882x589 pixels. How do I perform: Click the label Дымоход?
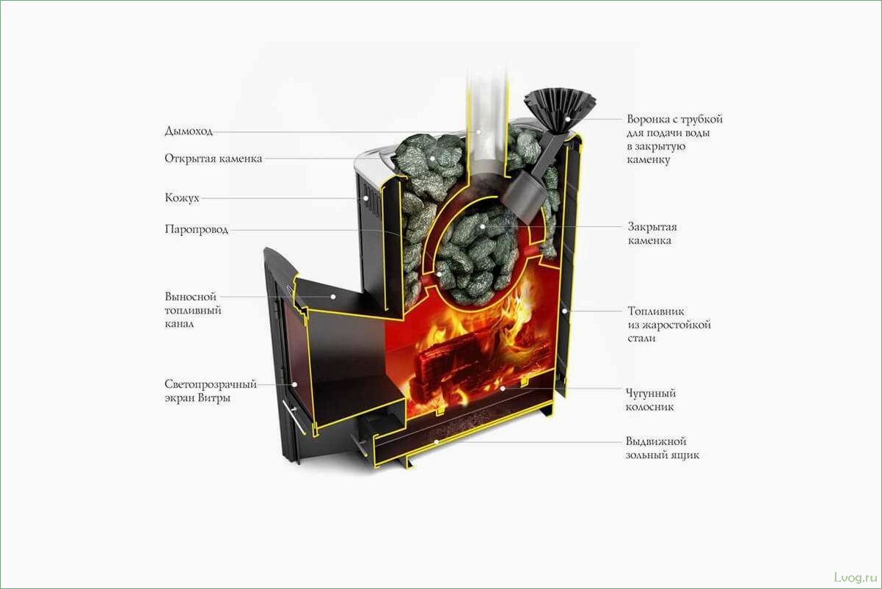tap(189, 132)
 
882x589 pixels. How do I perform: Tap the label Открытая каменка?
tap(213, 159)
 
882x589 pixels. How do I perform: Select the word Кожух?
tap(182, 198)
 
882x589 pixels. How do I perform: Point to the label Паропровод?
tap(196, 230)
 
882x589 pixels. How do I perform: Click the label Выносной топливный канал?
tap(193, 310)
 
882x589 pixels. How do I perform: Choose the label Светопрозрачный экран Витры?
tap(210, 391)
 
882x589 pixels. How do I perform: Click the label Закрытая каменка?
tap(652, 233)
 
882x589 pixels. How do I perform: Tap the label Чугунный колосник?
tap(650, 400)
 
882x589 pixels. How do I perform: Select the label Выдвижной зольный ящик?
tap(662, 448)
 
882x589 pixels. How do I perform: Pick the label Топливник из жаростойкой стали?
tap(668, 325)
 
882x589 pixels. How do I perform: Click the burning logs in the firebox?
tap(470, 360)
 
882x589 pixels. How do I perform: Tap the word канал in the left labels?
tap(180, 323)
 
